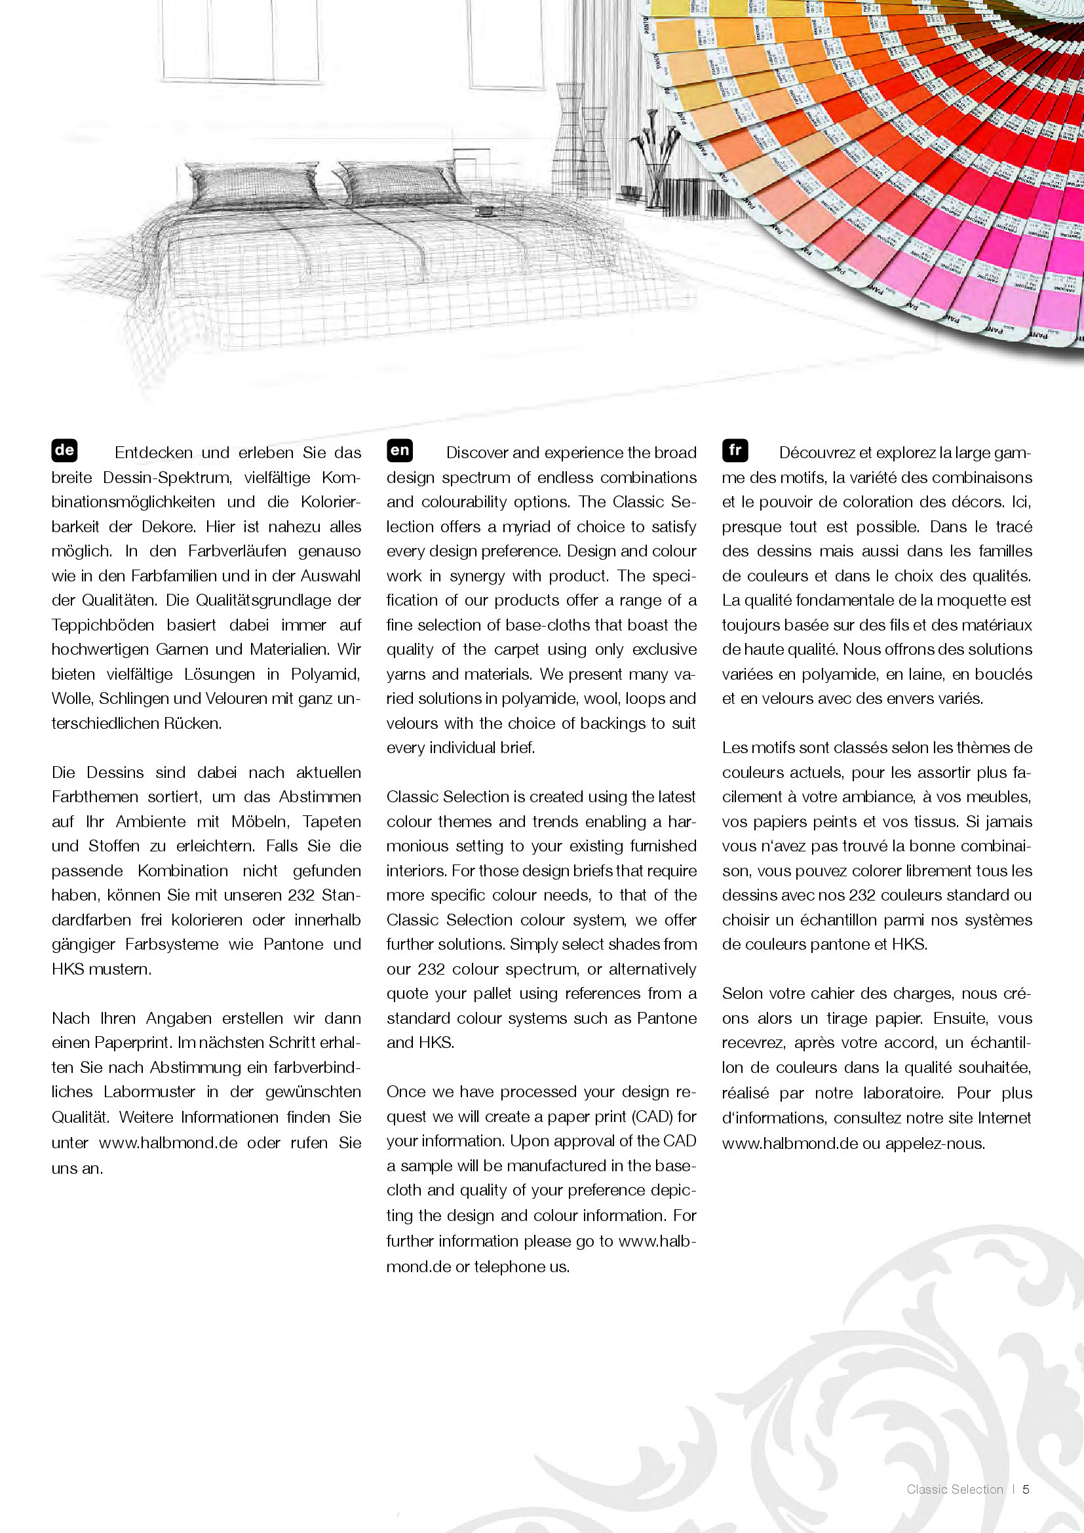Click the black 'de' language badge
[64, 450]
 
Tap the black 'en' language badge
[399, 450]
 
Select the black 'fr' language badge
[734, 450]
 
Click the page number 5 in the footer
[1026, 1489]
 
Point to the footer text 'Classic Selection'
[954, 1489]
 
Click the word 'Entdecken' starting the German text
[153, 453]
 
